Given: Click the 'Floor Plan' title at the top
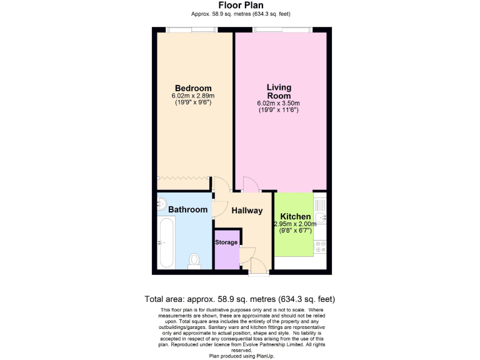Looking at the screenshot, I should click(x=240, y=6).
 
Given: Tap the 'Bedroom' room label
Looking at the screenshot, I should click(x=192, y=88).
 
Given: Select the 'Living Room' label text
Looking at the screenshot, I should click(x=279, y=91).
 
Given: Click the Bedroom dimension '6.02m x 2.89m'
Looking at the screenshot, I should click(x=192, y=96).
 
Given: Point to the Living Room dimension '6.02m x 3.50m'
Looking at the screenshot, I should click(x=279, y=103).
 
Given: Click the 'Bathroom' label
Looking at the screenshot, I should click(x=187, y=209).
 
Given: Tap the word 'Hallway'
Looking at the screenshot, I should click(x=247, y=211).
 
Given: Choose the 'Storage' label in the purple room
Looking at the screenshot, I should click(x=226, y=242).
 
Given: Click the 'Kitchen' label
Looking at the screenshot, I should click(x=295, y=216).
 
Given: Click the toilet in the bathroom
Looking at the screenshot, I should click(x=194, y=260).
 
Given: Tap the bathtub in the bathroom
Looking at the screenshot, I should click(x=166, y=242).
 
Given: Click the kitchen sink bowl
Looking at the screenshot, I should click(x=320, y=217).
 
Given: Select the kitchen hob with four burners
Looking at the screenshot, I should click(x=321, y=246).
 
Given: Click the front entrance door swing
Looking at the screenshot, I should click(x=256, y=265).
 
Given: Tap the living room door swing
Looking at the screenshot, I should click(x=250, y=184).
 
